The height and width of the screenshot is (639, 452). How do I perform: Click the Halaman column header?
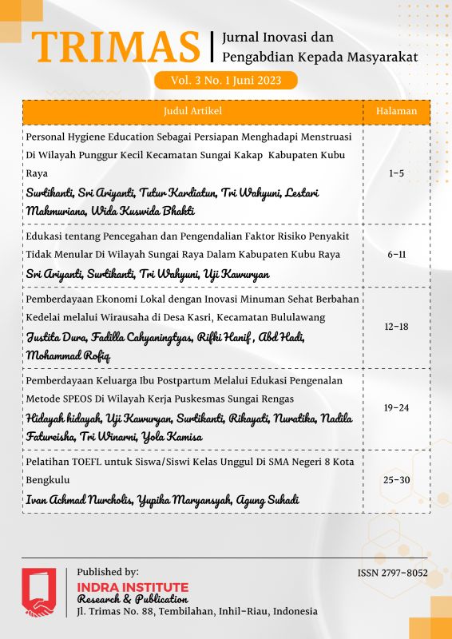396,112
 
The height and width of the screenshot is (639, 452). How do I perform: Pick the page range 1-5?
396,173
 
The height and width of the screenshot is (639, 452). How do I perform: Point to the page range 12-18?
396,327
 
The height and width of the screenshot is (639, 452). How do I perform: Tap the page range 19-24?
396,407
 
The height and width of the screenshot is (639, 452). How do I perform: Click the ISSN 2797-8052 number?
392,573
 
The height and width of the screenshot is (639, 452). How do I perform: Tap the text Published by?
108,572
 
